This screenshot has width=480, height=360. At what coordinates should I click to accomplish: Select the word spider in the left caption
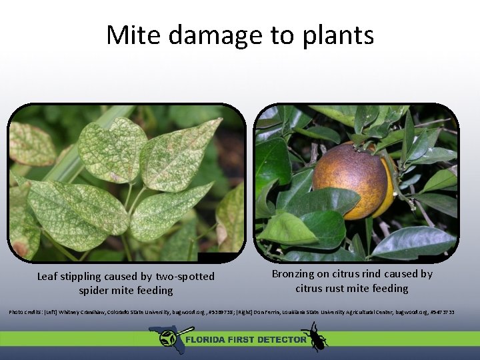[x=95, y=291]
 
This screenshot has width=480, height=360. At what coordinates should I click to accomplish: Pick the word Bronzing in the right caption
[x=294, y=274]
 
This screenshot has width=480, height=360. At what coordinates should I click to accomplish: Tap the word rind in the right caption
[x=375, y=274]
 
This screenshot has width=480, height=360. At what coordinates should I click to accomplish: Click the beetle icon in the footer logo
[x=313, y=336]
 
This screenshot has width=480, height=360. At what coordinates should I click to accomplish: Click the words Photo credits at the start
[x=24, y=312]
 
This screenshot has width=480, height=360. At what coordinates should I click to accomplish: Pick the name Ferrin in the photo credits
[x=272, y=312]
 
